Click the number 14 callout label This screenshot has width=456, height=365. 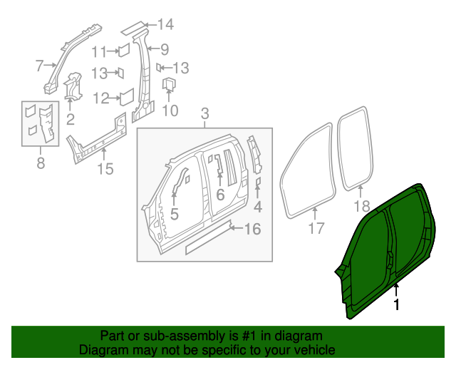click(165, 26)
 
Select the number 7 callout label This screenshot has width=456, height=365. click(40, 66)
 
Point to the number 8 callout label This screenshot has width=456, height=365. click(40, 164)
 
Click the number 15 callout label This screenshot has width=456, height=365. click(105, 169)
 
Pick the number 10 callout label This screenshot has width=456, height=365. click(170, 111)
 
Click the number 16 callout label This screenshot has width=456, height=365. click(253, 230)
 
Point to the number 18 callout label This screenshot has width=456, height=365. click(362, 207)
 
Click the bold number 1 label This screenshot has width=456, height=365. click(397, 304)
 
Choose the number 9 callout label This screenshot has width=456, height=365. click(164, 49)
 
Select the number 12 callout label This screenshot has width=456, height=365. click(100, 98)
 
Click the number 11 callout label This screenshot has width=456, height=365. click(99, 51)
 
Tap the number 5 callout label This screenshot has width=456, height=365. click(173, 212)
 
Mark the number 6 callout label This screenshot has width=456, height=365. click(220, 195)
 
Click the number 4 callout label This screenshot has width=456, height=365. click(258, 207)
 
